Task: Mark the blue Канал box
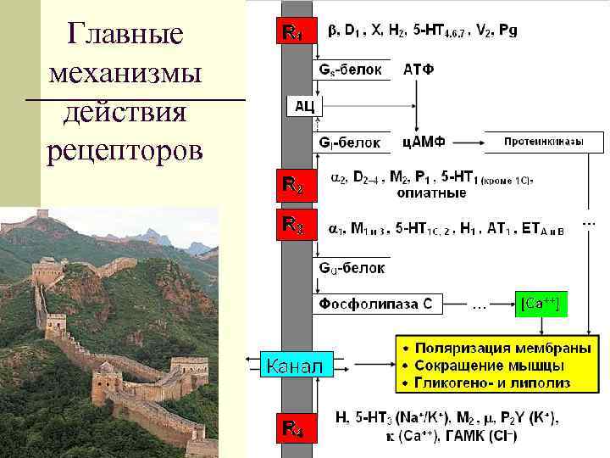pos(293,366)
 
